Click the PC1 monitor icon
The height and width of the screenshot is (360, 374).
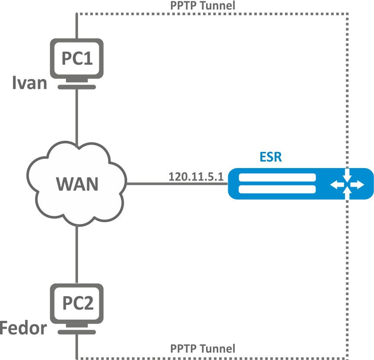coord(77,58)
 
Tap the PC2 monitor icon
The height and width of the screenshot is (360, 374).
coord(77,303)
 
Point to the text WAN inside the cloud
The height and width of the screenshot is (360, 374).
coord(77,184)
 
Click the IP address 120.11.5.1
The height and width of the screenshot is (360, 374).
coord(195,177)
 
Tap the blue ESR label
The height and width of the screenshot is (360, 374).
coord(271,157)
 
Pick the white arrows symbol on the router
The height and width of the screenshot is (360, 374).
coord(346,185)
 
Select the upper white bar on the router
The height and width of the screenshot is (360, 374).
coord(277,178)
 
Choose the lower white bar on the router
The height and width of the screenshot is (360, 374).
coord(277,190)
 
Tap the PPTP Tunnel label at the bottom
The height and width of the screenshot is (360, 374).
coord(203,348)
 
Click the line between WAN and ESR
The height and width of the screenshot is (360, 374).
coord(177,183)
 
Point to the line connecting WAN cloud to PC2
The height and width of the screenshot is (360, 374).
coord(77,254)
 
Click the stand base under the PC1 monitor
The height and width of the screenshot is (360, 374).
coord(77,86)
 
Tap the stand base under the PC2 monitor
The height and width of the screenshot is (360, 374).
coord(77,332)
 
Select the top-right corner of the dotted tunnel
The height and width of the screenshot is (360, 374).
coord(348,14)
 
